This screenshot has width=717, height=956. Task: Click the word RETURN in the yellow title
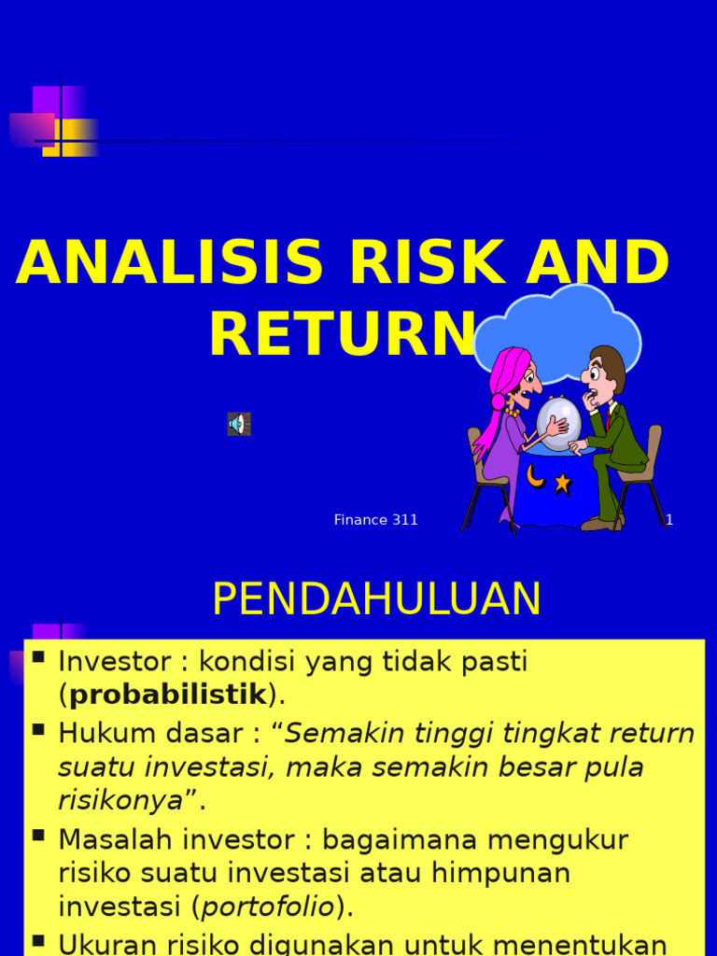coord(342,335)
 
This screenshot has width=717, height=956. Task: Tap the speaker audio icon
coord(239,424)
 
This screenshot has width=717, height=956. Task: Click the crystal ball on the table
coord(558,423)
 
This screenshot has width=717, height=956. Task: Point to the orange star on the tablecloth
coord(562,483)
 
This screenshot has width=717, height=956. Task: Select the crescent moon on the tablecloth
coord(535,477)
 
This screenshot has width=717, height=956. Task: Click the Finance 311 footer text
coord(376,520)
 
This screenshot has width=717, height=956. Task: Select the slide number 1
coord(669,520)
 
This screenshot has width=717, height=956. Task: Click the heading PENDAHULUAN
coord(376,599)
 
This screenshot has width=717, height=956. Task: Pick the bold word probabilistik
coord(168,696)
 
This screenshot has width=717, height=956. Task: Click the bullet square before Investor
coord(38,657)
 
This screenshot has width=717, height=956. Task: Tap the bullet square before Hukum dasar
coord(38,729)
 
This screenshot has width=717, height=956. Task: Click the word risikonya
coord(120,800)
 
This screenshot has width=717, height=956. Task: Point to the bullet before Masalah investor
coord(38,835)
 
